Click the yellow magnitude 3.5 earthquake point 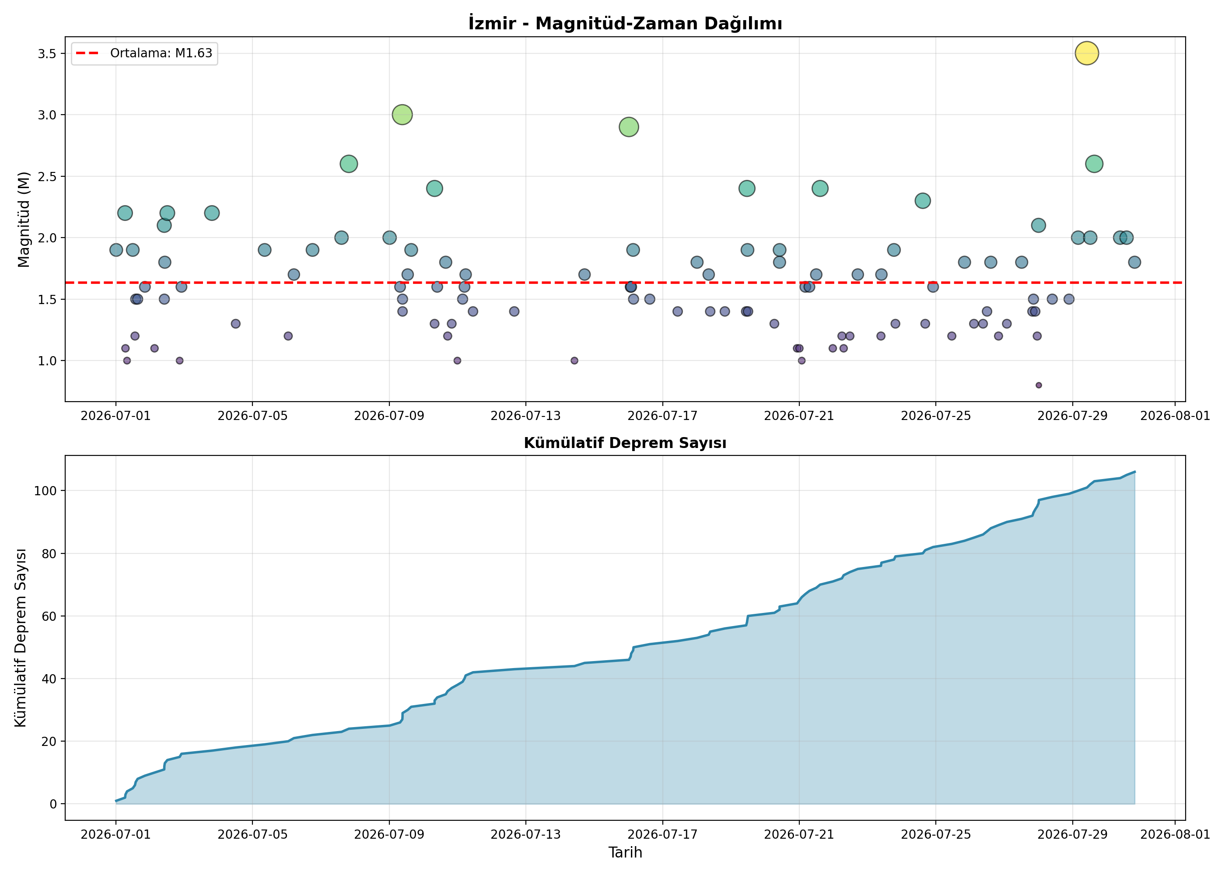coord(1087,53)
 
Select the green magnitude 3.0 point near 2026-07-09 coord(402,115)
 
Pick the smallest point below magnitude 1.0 coord(1039,385)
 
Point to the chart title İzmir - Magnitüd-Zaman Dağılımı coord(625,23)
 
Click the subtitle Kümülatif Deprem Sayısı coord(625,443)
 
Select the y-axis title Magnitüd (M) coord(23,219)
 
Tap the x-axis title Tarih coord(625,852)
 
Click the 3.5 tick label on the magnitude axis coord(47,53)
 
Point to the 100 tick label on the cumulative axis coord(45,491)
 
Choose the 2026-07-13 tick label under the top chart coord(525,416)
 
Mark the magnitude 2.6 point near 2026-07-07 coord(349,164)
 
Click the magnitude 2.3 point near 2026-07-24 coord(923,201)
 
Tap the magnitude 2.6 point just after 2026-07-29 coord(1094,164)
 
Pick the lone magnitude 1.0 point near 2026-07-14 coord(574,360)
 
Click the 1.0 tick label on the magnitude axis coord(47,361)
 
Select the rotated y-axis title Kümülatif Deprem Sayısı coord(21,638)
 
